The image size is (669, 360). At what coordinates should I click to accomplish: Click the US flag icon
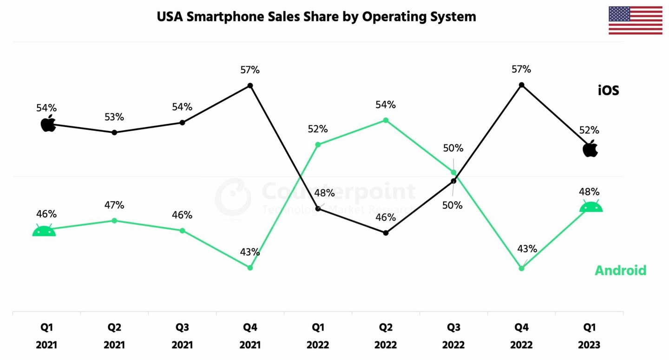[635, 20]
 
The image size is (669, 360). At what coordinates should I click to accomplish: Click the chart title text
[316, 17]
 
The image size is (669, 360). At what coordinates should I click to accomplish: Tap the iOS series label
[608, 90]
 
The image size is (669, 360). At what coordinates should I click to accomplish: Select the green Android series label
[620, 270]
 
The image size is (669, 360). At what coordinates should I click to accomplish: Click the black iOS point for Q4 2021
[250, 85]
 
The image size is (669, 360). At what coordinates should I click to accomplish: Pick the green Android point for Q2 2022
[386, 120]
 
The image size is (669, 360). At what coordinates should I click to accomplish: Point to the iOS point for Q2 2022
[386, 233]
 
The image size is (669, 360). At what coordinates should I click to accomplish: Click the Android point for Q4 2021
[250, 268]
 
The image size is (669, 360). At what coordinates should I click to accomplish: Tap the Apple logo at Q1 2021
[48, 124]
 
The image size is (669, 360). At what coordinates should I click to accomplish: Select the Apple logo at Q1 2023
[590, 149]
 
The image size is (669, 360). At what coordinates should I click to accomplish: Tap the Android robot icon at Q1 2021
[44, 230]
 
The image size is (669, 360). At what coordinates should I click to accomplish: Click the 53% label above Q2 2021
[114, 117]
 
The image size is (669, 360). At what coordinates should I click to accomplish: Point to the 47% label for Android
[114, 205]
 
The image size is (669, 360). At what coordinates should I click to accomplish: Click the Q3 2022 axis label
[453, 336]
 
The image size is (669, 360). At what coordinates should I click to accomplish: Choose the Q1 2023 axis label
[590, 336]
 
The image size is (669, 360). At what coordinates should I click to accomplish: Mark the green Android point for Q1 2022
[318, 144]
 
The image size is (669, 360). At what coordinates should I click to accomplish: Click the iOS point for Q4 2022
[522, 85]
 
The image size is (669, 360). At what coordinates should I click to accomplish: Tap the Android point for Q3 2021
[182, 230]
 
